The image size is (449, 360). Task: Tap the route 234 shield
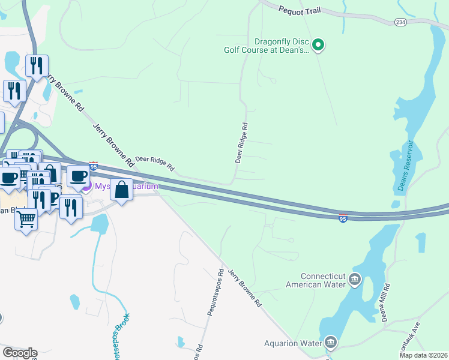click(400, 22)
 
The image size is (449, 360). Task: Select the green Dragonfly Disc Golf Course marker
click(319, 44)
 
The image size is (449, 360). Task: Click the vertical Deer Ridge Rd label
click(242, 143)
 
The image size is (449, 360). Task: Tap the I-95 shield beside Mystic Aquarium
click(93, 165)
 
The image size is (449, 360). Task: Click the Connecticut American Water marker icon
click(355, 280)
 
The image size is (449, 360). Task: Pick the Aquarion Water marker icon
click(331, 343)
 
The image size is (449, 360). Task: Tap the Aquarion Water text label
click(293, 344)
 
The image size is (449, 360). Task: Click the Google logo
click(20, 353)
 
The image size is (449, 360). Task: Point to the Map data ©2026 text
click(424, 355)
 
